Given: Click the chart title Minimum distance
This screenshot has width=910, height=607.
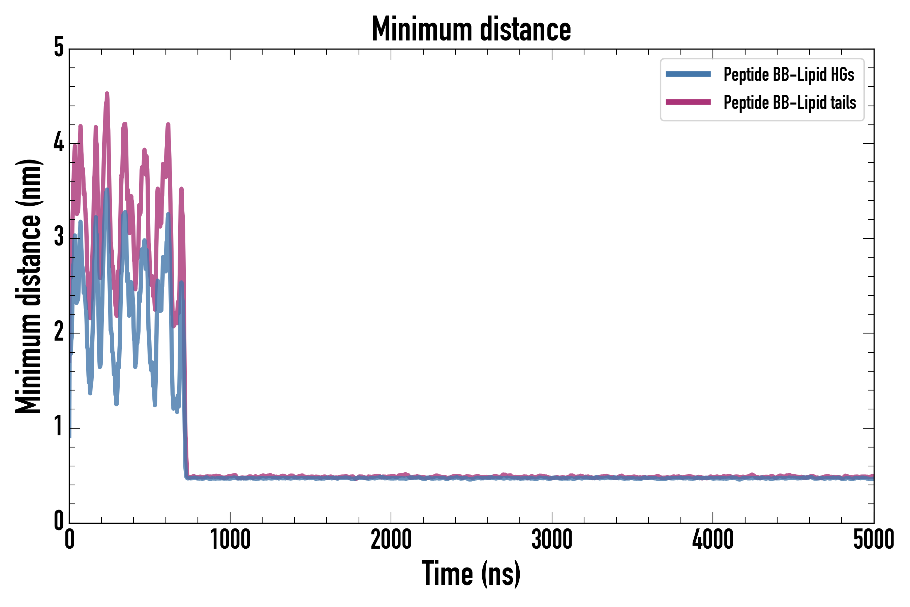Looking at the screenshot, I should coord(471,29).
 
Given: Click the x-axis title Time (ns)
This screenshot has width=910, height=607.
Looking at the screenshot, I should coord(471,574).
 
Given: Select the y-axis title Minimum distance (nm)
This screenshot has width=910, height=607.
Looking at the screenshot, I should coord(28,286).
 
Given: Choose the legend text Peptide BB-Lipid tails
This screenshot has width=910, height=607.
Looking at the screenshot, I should coord(790,103).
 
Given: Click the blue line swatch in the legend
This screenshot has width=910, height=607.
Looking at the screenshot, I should coord(688,74).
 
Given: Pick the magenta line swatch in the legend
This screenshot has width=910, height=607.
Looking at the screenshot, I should coord(688,102).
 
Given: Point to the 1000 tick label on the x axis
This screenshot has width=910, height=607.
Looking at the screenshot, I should coord(230,540).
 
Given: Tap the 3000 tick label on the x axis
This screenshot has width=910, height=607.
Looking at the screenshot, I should coord(552,540).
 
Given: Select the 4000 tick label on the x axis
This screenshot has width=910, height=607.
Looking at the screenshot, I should coord(713,540).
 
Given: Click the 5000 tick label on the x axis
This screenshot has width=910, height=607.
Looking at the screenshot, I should coord(874,540).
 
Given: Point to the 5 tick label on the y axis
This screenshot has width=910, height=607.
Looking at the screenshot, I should coord(59,48).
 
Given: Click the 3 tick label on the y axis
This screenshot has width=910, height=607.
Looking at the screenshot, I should coord(59,237).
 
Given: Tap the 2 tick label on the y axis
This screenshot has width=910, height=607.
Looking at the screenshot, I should coord(59,332).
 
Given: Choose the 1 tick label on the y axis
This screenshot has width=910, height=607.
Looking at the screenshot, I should coord(59,427).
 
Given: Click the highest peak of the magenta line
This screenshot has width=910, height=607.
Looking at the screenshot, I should coord(107,93).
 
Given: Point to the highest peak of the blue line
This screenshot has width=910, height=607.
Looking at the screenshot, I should coord(107,189).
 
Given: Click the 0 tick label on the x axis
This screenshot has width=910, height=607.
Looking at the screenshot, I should coord(70,540).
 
